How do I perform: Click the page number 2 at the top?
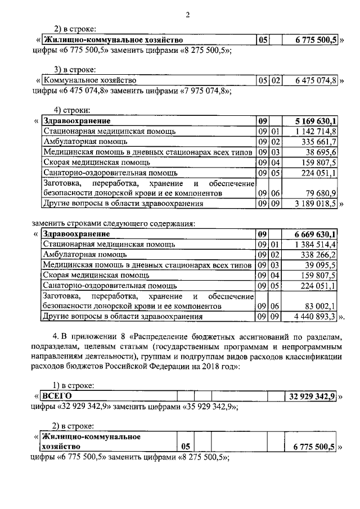pyautogui.click(x=187, y=15)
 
